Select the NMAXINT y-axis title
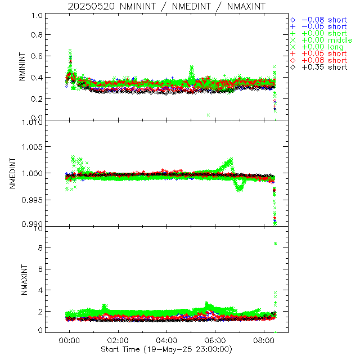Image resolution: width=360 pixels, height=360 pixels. click(x=23, y=280)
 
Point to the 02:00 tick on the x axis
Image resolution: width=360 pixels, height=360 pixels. click(x=118, y=340)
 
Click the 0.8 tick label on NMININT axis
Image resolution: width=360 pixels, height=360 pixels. click(x=37, y=35)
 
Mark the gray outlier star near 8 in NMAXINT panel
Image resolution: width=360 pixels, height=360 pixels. click(x=275, y=244)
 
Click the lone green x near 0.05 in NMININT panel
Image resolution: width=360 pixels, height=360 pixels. click(x=208, y=115)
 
